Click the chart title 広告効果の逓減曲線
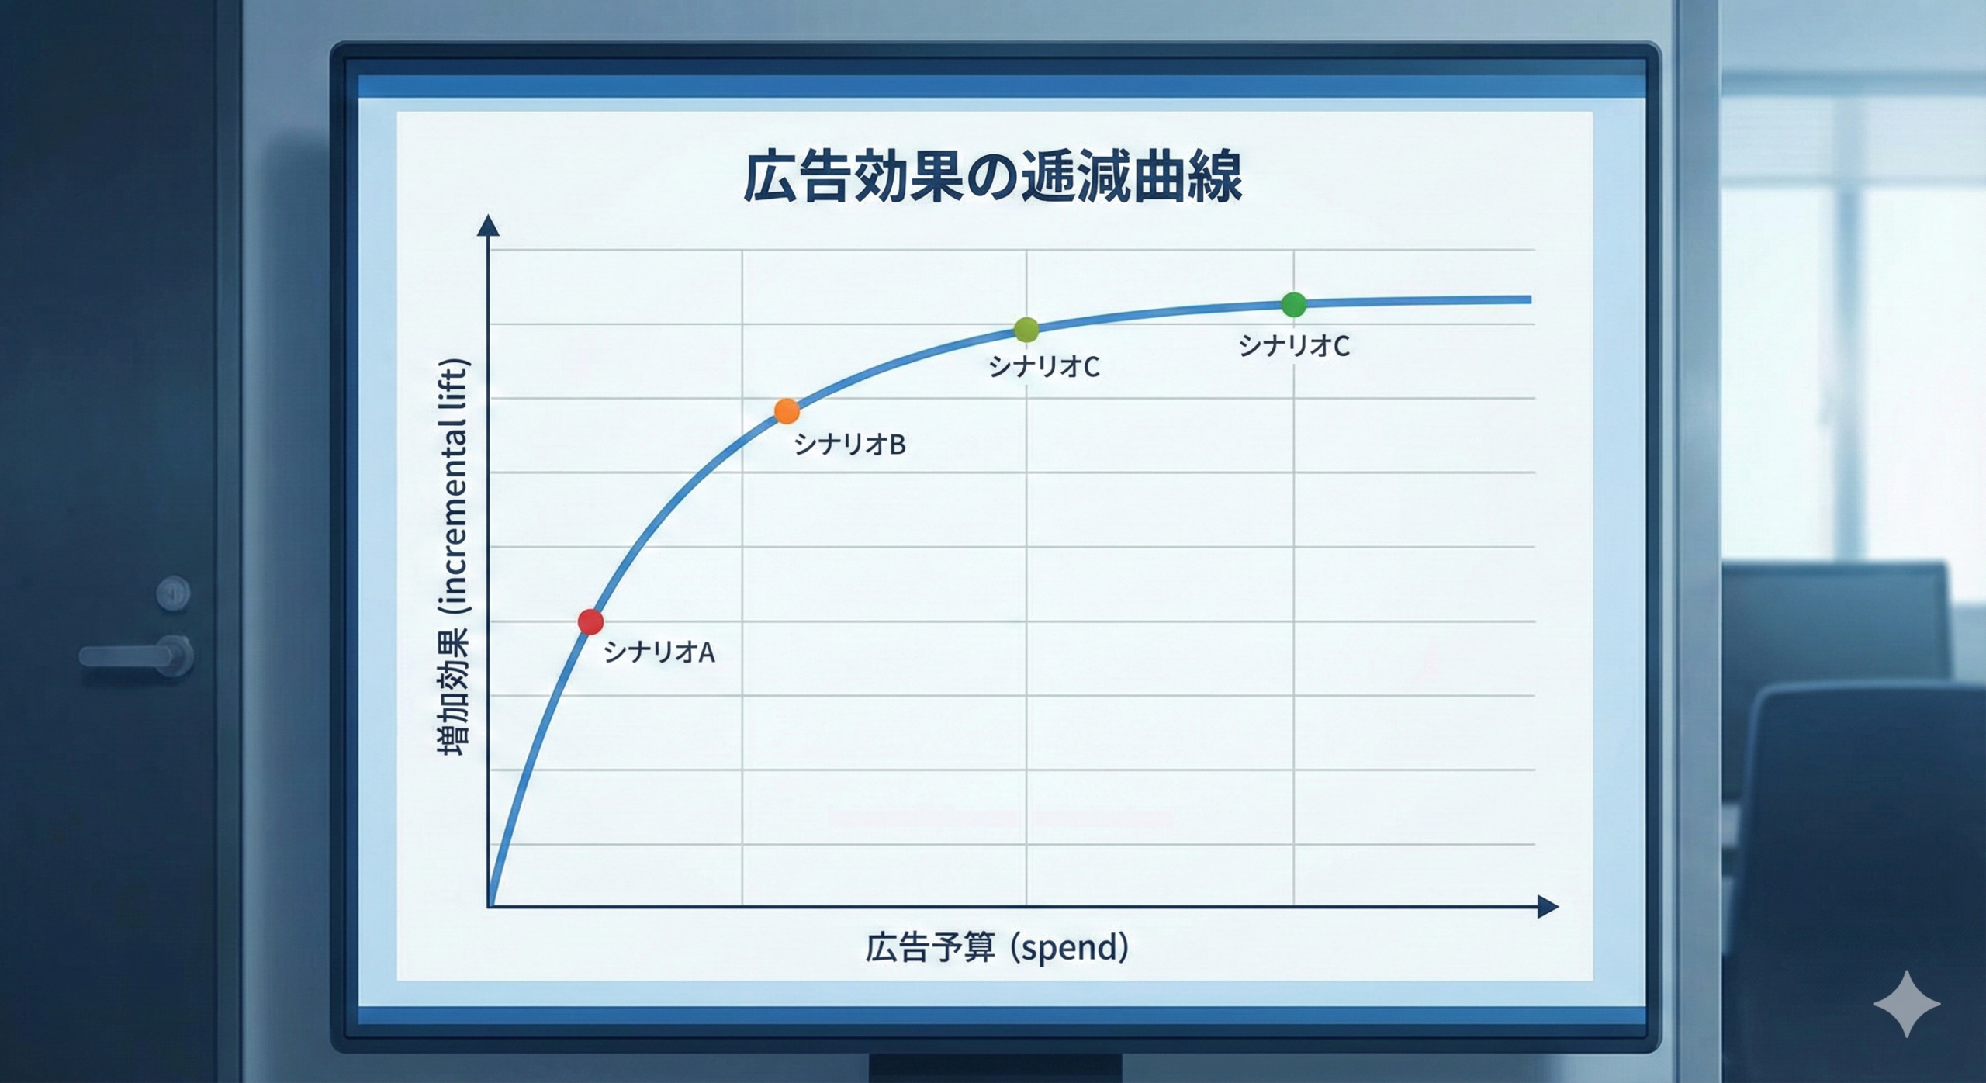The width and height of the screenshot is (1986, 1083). click(x=992, y=178)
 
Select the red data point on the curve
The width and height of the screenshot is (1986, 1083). click(x=590, y=621)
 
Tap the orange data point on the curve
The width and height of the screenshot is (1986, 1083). click(x=787, y=411)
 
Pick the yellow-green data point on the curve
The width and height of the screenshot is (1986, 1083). click(x=1026, y=330)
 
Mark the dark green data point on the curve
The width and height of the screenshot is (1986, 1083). click(x=1293, y=304)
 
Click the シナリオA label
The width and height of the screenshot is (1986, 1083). click(x=659, y=652)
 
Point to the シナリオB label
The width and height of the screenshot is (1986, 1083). click(x=849, y=445)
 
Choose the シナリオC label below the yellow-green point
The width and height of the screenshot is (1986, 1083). click(x=1043, y=366)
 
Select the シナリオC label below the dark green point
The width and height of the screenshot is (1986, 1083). click(x=1293, y=346)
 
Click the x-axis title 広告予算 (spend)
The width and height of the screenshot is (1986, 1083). click(x=997, y=947)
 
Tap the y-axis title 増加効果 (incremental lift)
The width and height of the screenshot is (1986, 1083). click(x=454, y=557)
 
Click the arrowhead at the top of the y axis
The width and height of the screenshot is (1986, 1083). click(x=488, y=226)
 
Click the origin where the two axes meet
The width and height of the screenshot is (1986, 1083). click(x=489, y=905)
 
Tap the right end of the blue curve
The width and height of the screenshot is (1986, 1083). click(x=1528, y=299)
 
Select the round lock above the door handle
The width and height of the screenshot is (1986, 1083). click(x=172, y=593)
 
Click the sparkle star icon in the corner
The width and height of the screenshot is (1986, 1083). click(x=1906, y=1004)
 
